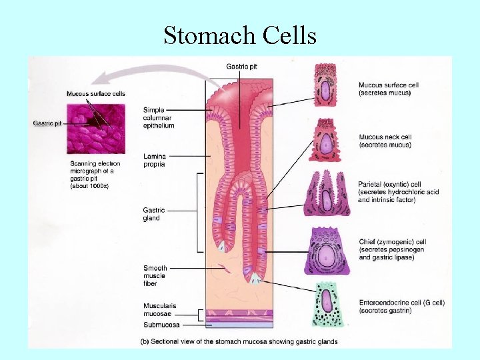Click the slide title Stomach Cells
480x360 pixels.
240,35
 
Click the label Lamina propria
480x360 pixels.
155,159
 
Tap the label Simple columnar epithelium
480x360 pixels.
159,117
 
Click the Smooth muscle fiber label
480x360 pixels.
155,275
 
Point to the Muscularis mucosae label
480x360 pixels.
161,309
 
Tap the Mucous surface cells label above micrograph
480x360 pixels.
95,93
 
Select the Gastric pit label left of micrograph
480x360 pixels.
47,123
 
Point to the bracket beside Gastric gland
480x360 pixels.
199,213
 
